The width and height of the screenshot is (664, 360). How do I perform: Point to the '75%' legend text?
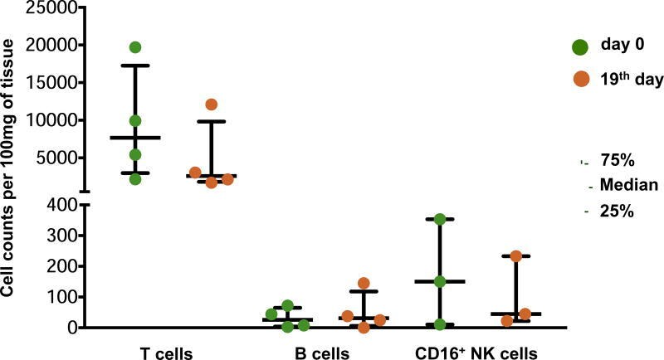pos(617,160)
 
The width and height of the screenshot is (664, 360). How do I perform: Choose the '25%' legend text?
pos(617,211)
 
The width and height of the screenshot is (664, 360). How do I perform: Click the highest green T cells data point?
pos(135,47)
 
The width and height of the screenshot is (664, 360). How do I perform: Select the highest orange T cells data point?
pos(211,105)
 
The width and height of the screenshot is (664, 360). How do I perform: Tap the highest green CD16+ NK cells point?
pos(440,219)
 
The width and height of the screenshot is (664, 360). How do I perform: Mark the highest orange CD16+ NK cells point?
pos(515,256)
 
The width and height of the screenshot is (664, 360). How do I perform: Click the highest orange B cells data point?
pos(364,284)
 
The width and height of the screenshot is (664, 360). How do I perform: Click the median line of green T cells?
pos(135,138)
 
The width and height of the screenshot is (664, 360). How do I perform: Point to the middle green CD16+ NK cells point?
pos(440,282)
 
